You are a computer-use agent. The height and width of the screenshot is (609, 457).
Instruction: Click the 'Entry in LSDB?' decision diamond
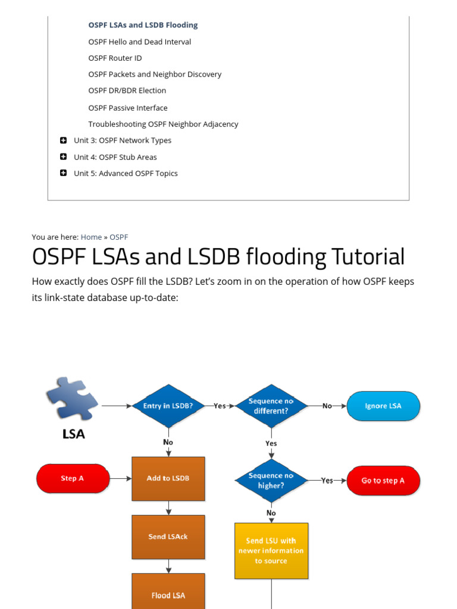168,406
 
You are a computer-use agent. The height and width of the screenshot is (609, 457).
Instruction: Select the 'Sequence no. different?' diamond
271,406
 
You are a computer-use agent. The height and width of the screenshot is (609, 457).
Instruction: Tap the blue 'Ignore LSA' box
383,406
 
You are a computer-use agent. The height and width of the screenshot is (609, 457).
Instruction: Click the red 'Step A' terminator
73,479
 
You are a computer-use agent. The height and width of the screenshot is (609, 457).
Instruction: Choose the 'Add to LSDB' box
168,479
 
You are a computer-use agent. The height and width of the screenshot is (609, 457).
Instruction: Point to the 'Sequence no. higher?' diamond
271,481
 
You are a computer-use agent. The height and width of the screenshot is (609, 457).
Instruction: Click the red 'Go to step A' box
383,481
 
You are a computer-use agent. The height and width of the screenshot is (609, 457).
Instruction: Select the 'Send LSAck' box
168,537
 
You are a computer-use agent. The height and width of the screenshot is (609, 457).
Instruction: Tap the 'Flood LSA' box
168,594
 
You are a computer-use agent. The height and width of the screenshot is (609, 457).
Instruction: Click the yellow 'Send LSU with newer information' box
271,551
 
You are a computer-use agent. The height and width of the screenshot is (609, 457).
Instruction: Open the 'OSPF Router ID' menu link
115,58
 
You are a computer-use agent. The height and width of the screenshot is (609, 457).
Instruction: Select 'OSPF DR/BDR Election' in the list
127,91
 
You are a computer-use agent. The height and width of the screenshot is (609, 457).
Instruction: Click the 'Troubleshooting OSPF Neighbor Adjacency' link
163,124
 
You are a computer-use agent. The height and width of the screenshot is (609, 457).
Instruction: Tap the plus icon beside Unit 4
63,157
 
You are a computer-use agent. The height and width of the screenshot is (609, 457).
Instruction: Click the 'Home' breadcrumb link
91,237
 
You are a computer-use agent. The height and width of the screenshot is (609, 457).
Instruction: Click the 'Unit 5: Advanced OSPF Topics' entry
126,174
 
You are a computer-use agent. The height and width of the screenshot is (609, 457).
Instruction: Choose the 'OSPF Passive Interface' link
128,108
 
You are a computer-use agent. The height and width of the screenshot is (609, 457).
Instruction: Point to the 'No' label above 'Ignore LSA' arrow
327,406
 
